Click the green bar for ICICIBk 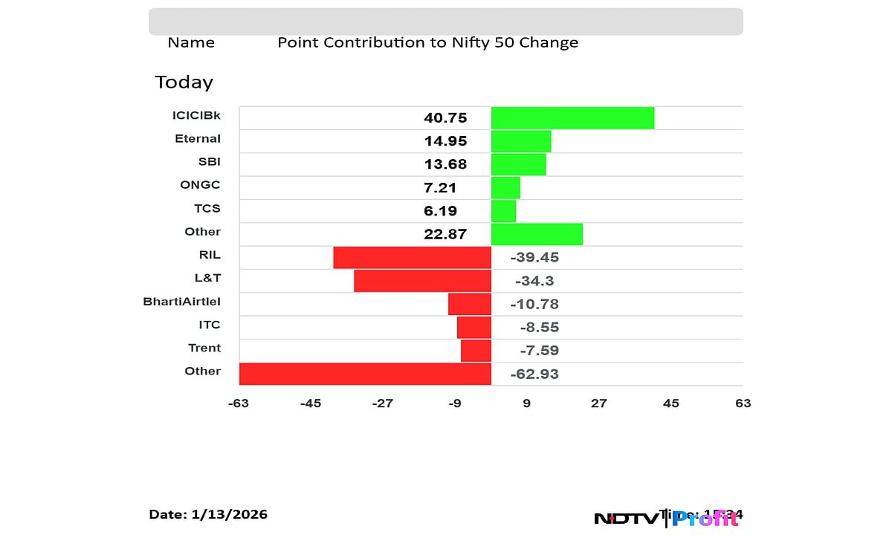click(572, 117)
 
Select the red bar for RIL click(412, 257)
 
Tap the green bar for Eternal click(521, 141)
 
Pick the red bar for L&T click(422, 281)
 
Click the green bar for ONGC click(505, 187)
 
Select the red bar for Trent click(476, 350)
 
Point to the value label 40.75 click(445, 117)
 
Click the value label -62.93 click(534, 374)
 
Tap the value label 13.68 click(445, 164)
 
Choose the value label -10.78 click(534, 304)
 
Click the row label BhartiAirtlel click(181, 302)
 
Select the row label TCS click(207, 208)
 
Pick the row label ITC click(209, 325)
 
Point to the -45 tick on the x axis click(311, 403)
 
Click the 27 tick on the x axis click(598, 403)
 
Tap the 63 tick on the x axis click(743, 403)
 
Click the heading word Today click(184, 82)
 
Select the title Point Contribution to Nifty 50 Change click(427, 42)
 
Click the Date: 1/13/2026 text click(208, 514)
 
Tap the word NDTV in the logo click(626, 519)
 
